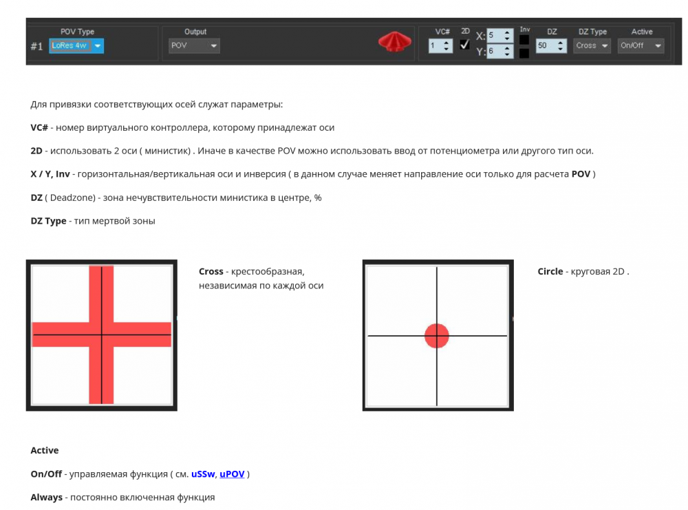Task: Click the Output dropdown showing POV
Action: coord(194,46)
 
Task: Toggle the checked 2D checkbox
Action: coord(465,45)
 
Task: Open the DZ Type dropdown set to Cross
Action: coord(592,46)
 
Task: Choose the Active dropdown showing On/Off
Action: coord(641,46)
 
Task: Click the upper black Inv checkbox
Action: coord(524,40)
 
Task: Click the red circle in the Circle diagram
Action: coord(437,335)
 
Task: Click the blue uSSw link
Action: coord(203,474)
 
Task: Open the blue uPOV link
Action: coord(232,474)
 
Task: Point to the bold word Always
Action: coord(47,497)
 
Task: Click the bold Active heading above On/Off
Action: coord(45,450)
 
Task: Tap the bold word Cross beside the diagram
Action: coord(211,271)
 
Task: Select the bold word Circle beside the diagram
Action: coord(550,271)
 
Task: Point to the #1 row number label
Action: coord(37,47)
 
